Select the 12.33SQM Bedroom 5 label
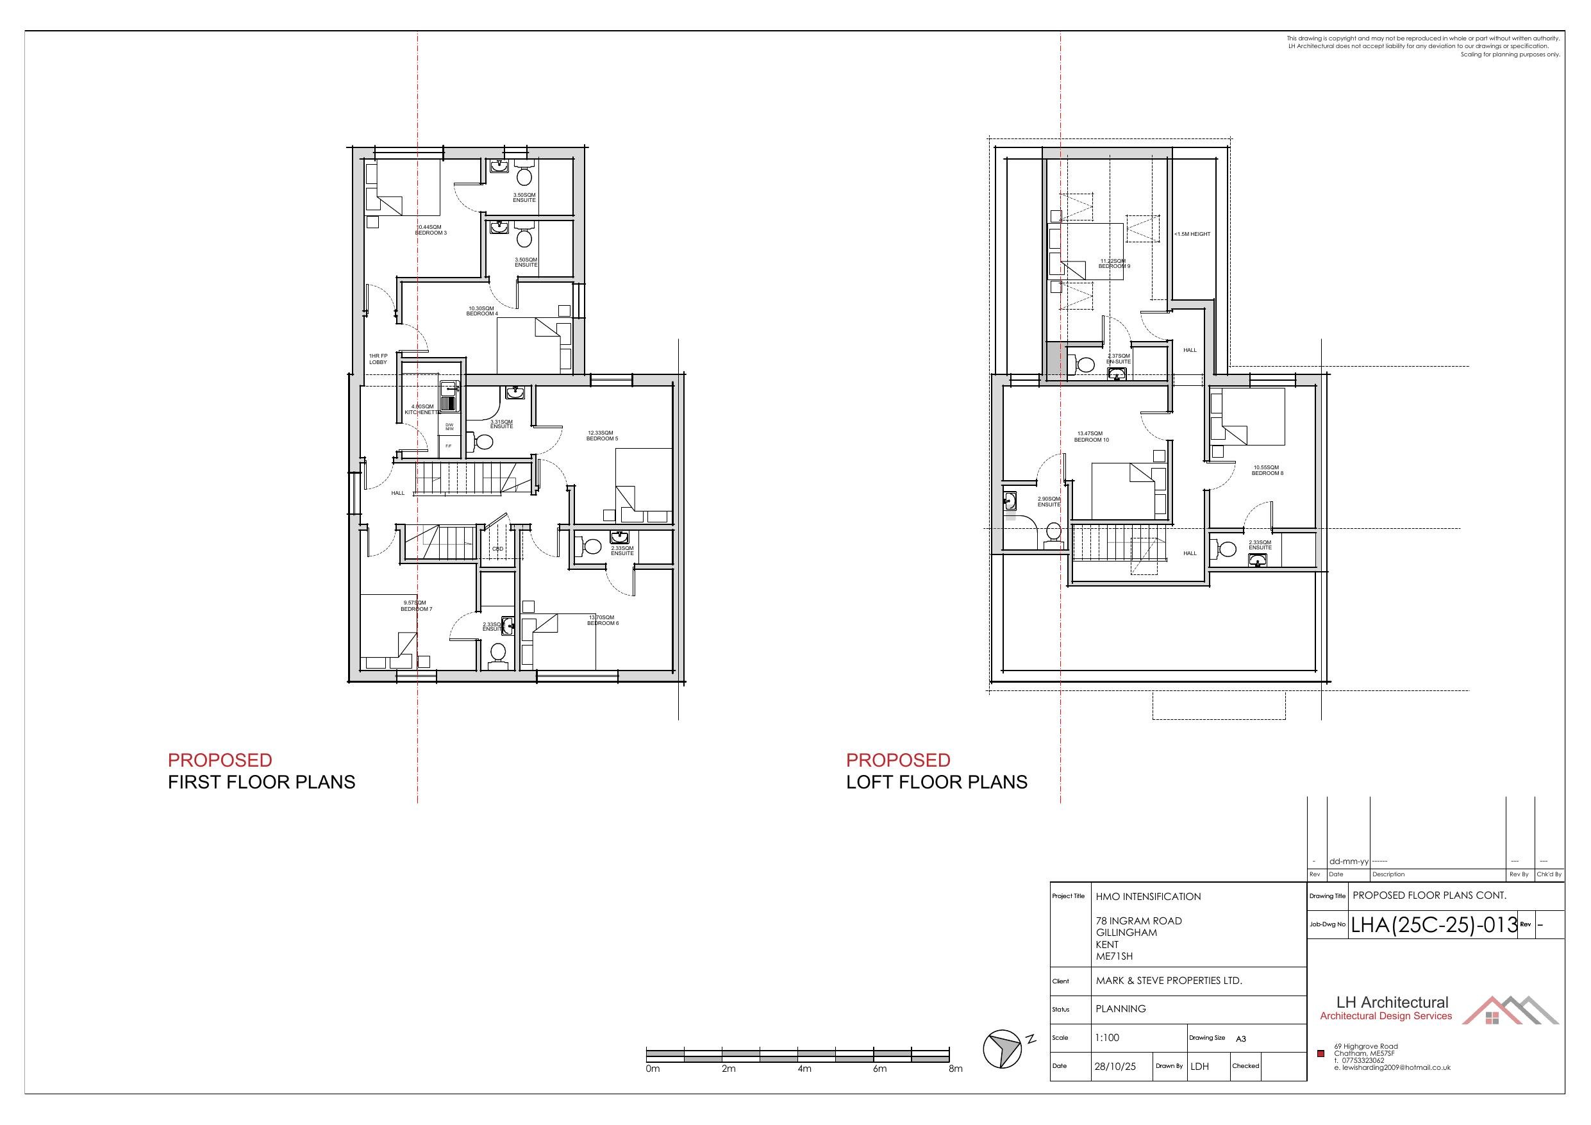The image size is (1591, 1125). click(x=601, y=436)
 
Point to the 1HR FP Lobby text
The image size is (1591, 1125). click(x=378, y=359)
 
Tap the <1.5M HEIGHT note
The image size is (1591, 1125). click(x=1192, y=234)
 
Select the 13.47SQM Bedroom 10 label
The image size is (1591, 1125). click(x=1092, y=437)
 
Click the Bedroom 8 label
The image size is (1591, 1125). click(x=1267, y=471)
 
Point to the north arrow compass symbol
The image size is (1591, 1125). click(x=1003, y=1048)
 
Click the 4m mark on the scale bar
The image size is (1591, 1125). click(x=804, y=1069)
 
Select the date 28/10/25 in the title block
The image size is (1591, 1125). click(x=1115, y=1067)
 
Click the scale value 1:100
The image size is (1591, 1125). click(x=1106, y=1038)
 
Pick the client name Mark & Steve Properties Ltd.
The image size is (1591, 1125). click(x=1169, y=981)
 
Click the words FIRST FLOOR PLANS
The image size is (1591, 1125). click(x=262, y=783)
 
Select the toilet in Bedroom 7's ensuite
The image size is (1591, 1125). click(x=497, y=654)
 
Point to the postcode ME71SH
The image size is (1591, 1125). click(x=1113, y=956)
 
